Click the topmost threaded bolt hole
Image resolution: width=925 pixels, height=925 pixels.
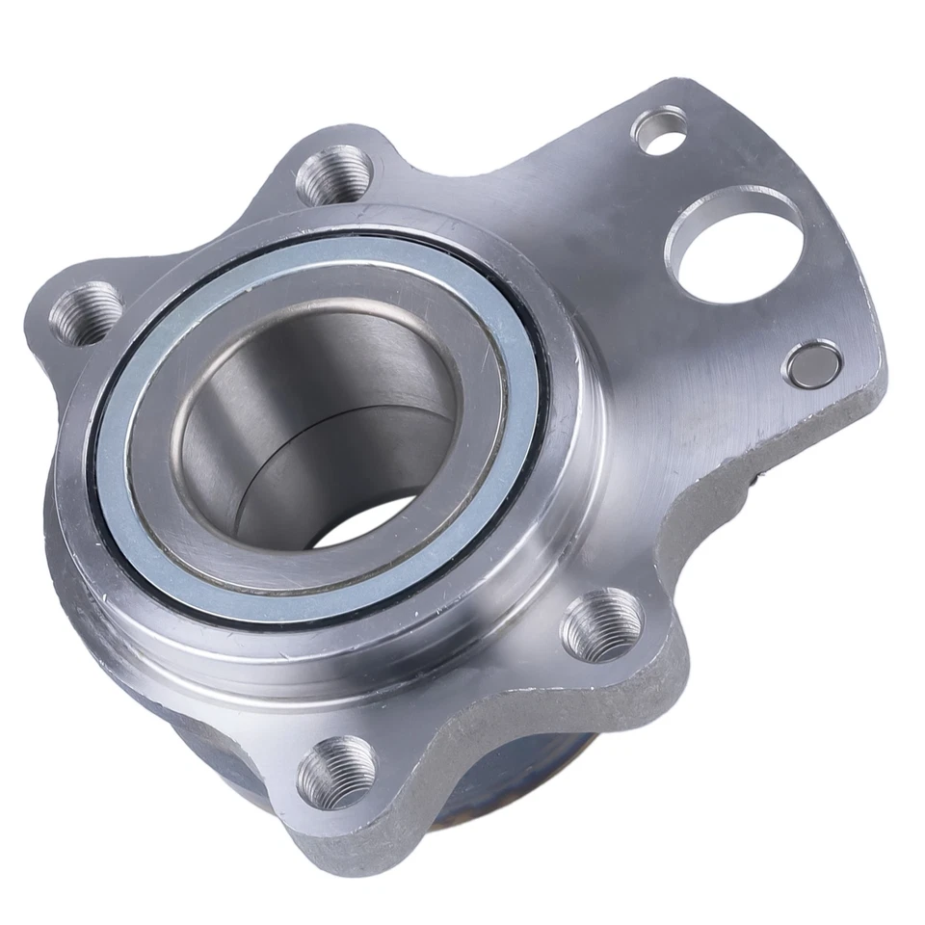click(334, 175)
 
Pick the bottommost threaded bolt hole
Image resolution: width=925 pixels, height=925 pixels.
click(336, 771)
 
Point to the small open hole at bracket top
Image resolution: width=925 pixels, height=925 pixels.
click(660, 133)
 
